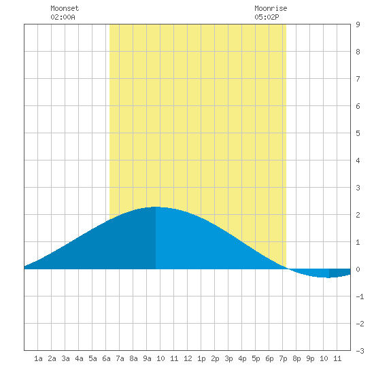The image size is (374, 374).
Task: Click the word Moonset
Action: tap(65, 8)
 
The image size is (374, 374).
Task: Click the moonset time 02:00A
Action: tap(63, 17)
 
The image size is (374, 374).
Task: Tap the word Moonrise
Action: tap(271, 8)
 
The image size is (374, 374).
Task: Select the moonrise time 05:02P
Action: tap(267, 17)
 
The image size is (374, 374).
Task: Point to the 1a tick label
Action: tap(38, 358)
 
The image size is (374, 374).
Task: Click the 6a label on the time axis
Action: tap(106, 358)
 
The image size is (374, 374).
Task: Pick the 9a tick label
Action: tap(147, 358)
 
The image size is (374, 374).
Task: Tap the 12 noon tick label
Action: tap(188, 358)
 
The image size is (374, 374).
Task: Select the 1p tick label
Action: tap(201, 358)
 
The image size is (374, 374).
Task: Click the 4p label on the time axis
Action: tap(242, 358)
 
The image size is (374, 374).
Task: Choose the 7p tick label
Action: tap(283, 358)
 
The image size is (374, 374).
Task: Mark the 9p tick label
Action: tap(310, 358)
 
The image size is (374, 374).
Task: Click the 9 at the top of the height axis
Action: tap(358, 24)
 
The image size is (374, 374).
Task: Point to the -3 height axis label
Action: tap(360, 351)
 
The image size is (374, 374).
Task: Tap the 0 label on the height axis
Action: tap(358, 269)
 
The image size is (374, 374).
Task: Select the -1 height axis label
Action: tap(360, 296)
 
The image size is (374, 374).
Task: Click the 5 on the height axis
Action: tap(358, 133)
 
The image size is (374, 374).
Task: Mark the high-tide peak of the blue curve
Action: tap(156, 207)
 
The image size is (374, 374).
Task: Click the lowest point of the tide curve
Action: tap(328, 277)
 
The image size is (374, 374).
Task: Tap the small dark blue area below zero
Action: tap(339, 273)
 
